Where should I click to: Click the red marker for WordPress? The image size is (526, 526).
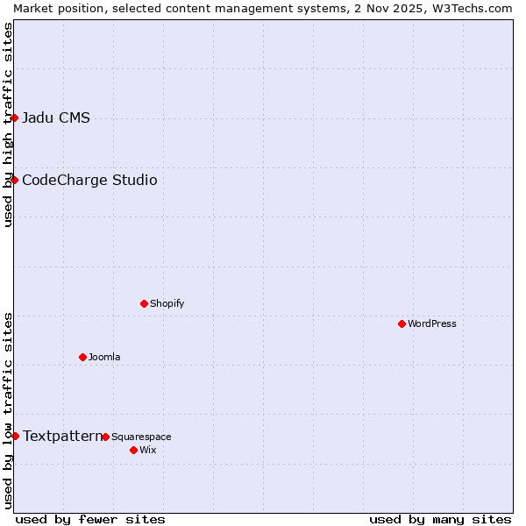coord(402,323)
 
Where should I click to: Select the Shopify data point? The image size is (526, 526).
coord(144,303)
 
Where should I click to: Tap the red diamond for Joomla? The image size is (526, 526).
coord(82,357)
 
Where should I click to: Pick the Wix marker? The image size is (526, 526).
coord(133,450)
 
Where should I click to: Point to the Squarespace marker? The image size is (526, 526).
coord(105,437)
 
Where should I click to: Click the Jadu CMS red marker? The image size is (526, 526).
coord(15,117)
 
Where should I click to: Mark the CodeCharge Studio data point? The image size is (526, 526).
coord(15,180)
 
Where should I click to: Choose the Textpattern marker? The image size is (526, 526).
coord(15,436)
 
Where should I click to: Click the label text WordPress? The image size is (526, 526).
coord(432,323)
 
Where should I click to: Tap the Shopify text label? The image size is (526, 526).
coord(167,303)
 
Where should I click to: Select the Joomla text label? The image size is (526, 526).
coord(104,357)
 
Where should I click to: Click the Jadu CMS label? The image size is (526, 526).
coord(56,118)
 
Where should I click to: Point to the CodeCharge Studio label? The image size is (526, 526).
coord(89,181)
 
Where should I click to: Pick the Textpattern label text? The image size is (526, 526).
coord(62,436)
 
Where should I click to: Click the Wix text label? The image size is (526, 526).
coord(147,450)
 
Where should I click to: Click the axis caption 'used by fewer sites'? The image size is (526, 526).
coord(90,519)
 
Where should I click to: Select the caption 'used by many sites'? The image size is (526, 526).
coord(440,519)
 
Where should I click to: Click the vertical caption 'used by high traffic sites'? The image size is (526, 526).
coord(8,124)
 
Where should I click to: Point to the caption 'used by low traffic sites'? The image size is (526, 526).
coord(8,409)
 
